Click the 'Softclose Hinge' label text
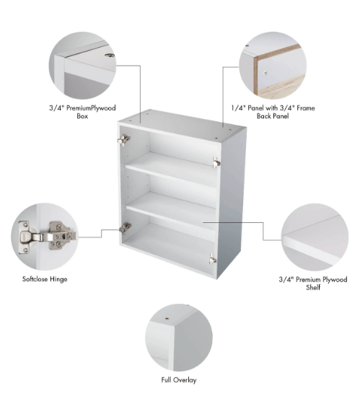point(45,279)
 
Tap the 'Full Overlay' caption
point(179,380)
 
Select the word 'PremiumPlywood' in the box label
point(91,108)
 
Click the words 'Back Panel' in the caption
point(273,116)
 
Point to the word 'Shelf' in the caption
point(313,287)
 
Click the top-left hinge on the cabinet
point(123,140)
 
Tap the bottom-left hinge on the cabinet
point(126,228)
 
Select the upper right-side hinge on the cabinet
point(216,162)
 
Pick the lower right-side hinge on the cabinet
point(213,259)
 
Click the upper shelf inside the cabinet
point(171,169)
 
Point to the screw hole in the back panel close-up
point(265,73)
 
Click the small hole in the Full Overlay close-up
point(167,318)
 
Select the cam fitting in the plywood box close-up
point(110,56)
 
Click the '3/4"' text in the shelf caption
point(286,279)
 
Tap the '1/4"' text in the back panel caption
point(238,108)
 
